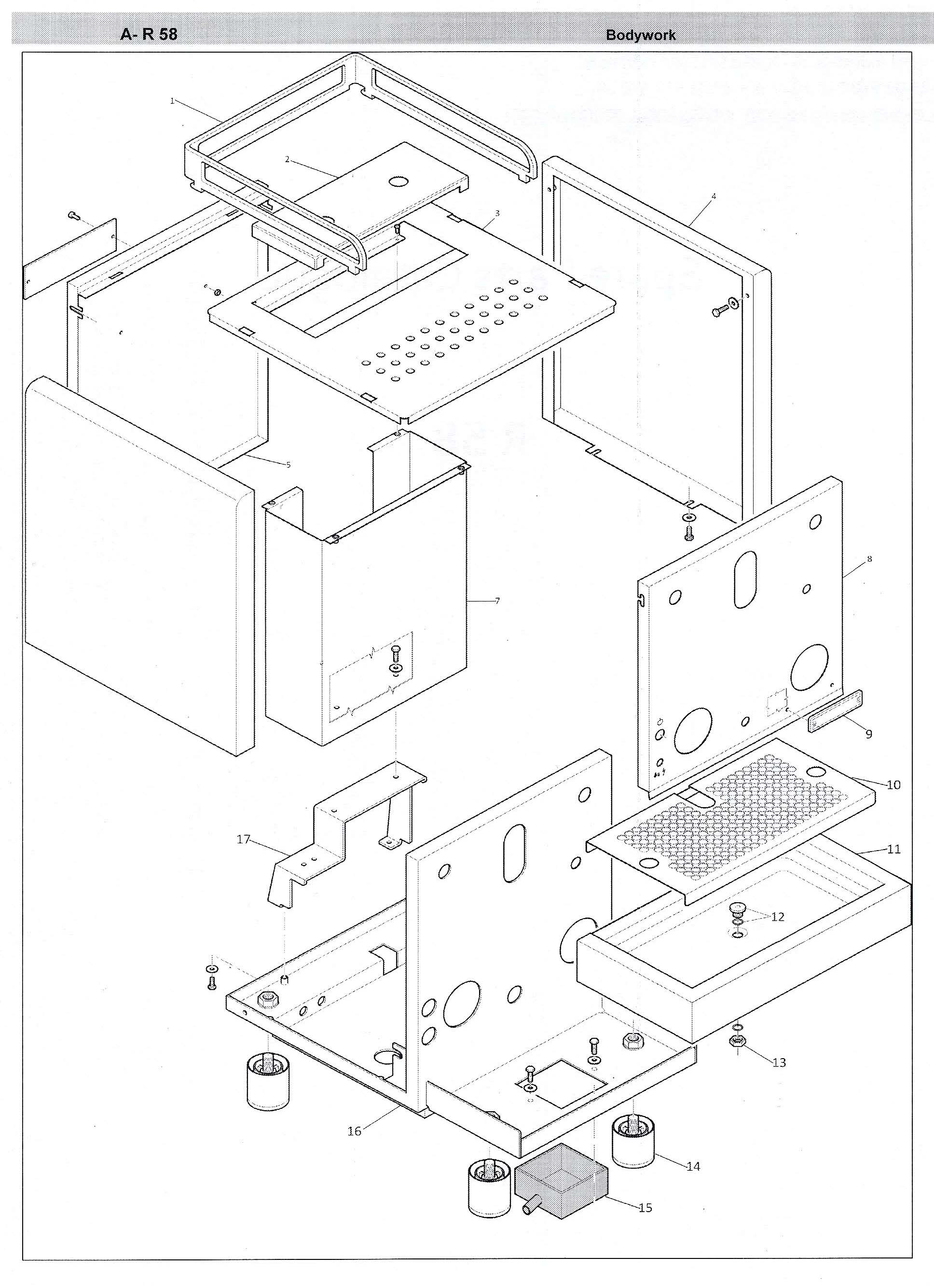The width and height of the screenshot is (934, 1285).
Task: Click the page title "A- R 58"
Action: [x=149, y=35]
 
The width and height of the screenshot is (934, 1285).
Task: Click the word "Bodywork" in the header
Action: [x=641, y=35]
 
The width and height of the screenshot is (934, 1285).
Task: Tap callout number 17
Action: [x=244, y=839]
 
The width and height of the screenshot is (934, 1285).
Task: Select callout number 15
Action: [x=645, y=1207]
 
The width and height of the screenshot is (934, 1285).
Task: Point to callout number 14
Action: [x=693, y=1166]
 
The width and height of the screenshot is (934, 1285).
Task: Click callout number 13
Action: [x=779, y=1062]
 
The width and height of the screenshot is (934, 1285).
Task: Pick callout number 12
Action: [x=778, y=917]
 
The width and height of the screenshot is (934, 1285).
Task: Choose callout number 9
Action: [x=868, y=734]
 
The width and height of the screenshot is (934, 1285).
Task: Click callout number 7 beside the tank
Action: [x=497, y=601]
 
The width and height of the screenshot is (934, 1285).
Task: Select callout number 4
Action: [x=714, y=196]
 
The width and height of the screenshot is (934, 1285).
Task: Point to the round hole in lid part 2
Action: [x=399, y=182]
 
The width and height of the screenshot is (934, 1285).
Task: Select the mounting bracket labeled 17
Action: [x=340, y=833]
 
